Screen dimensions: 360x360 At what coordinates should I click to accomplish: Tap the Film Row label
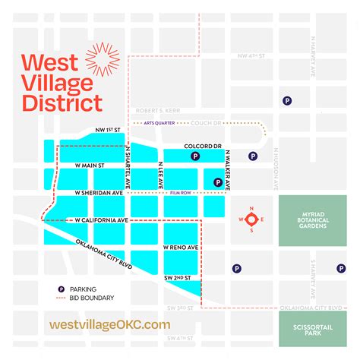tap(179, 194)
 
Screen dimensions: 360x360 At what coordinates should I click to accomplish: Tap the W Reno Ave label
tap(182, 248)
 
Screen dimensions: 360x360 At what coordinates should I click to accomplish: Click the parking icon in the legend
tap(61, 289)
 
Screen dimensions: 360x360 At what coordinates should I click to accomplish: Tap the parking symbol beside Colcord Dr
tap(195, 156)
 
